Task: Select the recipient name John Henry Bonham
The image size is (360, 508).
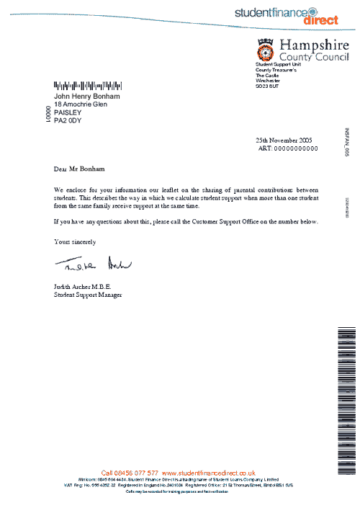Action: click(x=87, y=97)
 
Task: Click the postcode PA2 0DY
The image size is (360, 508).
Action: click(x=68, y=121)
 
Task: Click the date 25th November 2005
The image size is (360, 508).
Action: click(x=284, y=140)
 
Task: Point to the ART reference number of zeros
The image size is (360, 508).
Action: click(x=291, y=148)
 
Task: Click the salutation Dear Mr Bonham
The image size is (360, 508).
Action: click(x=79, y=169)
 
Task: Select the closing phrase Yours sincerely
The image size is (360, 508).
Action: click(x=75, y=241)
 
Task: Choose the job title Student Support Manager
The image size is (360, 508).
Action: click(x=88, y=295)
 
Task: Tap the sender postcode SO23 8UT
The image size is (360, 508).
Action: click(x=270, y=88)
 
